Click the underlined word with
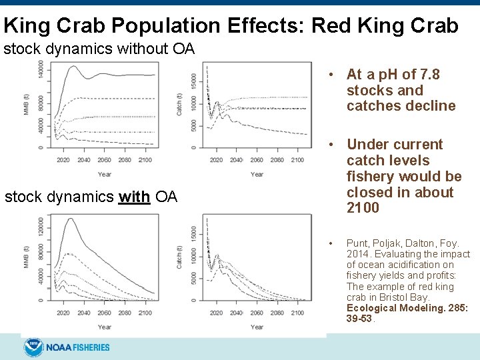[x=135, y=197]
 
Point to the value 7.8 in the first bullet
[x=427, y=75]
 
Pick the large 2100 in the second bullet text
[x=363, y=208]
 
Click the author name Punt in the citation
[x=357, y=244]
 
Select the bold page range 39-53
[x=360, y=319]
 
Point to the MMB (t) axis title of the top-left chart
[x=26, y=104]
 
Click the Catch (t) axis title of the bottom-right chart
[x=179, y=255]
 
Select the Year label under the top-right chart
[x=257, y=175]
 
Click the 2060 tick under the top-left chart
[x=104, y=160]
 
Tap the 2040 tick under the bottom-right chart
[x=236, y=313]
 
